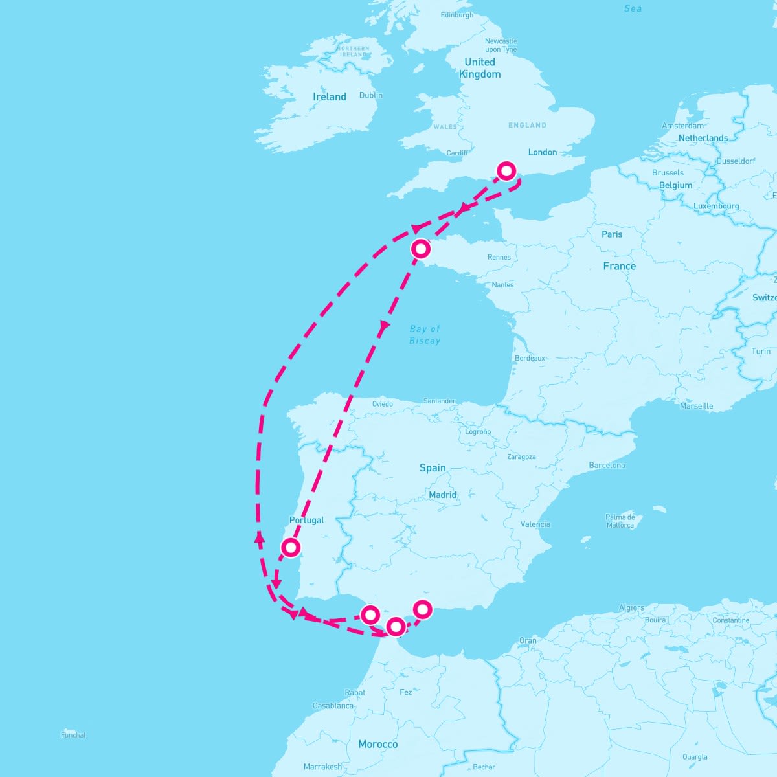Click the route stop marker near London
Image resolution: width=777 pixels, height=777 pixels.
tap(506, 171)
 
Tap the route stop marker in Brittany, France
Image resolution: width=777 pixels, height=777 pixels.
tap(421, 248)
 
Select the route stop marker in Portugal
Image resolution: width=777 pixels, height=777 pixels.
tap(291, 548)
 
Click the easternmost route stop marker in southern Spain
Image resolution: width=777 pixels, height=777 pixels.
tap(422, 609)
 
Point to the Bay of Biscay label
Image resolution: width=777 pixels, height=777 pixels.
tap(425, 335)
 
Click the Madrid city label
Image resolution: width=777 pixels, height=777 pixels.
tap(443, 495)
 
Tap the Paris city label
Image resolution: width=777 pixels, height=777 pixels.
tap(612, 234)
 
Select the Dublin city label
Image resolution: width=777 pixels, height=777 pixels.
tap(371, 95)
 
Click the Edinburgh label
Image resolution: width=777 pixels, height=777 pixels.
tap(456, 15)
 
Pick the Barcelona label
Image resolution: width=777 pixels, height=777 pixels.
tap(607, 466)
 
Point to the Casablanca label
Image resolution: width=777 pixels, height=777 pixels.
tap(333, 706)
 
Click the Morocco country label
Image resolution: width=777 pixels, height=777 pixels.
tap(378, 744)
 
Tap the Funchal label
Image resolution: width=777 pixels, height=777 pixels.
tap(73, 735)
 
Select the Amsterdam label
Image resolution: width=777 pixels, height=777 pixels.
tap(682, 126)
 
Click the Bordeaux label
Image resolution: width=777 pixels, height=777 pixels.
tap(530, 358)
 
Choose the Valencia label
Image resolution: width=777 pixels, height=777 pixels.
tap(535, 524)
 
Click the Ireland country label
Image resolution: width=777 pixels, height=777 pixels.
tap(330, 97)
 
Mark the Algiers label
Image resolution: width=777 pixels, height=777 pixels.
tap(631, 607)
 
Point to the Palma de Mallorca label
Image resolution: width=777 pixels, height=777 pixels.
tap(620, 521)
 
